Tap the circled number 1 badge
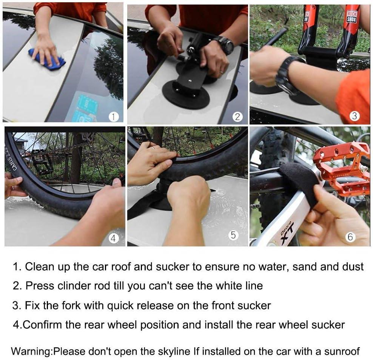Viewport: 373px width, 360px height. (113, 117)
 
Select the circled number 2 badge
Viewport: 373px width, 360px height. (237, 117)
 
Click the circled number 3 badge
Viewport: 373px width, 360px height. (354, 116)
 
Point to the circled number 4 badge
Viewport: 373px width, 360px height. (113, 238)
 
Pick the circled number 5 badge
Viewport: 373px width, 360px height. (233, 235)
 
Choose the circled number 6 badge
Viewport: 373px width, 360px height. (350, 237)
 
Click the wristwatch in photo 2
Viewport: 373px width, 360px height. (225, 45)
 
